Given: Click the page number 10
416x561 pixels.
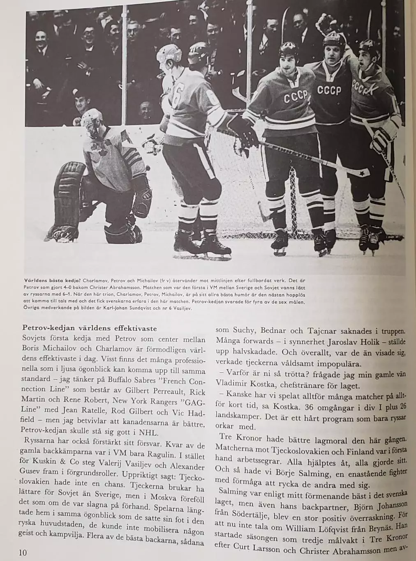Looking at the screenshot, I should click(23, 552).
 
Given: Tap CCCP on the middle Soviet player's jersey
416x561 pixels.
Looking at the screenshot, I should click(328, 90).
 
